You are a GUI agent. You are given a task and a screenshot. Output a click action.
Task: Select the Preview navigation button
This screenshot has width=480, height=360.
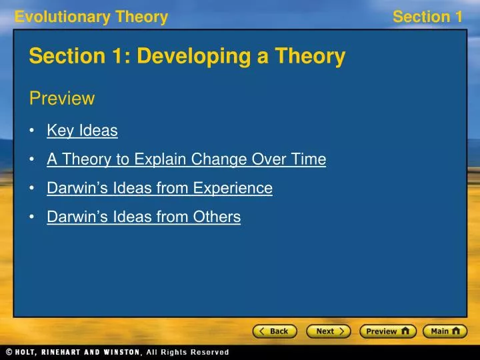[387, 331]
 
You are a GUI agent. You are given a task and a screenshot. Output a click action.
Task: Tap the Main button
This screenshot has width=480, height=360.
[445, 331]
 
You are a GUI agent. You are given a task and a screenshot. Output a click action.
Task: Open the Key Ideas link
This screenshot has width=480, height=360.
[82, 131]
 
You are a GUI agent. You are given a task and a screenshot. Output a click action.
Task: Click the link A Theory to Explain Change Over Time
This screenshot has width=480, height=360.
[186, 159]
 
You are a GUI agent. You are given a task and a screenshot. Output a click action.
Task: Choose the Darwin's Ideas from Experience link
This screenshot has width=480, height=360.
[159, 188]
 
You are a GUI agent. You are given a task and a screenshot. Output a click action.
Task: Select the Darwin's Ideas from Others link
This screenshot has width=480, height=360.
[143, 217]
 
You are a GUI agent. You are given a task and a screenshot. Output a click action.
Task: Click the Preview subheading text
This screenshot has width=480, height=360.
[62, 99]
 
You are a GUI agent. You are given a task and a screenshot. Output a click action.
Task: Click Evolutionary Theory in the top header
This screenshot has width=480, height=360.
[91, 17]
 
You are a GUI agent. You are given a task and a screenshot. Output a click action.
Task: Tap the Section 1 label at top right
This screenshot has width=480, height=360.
[427, 17]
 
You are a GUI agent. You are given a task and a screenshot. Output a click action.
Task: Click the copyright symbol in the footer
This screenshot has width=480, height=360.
[8, 352]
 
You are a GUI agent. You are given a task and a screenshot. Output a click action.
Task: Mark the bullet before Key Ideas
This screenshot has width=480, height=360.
[33, 131]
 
